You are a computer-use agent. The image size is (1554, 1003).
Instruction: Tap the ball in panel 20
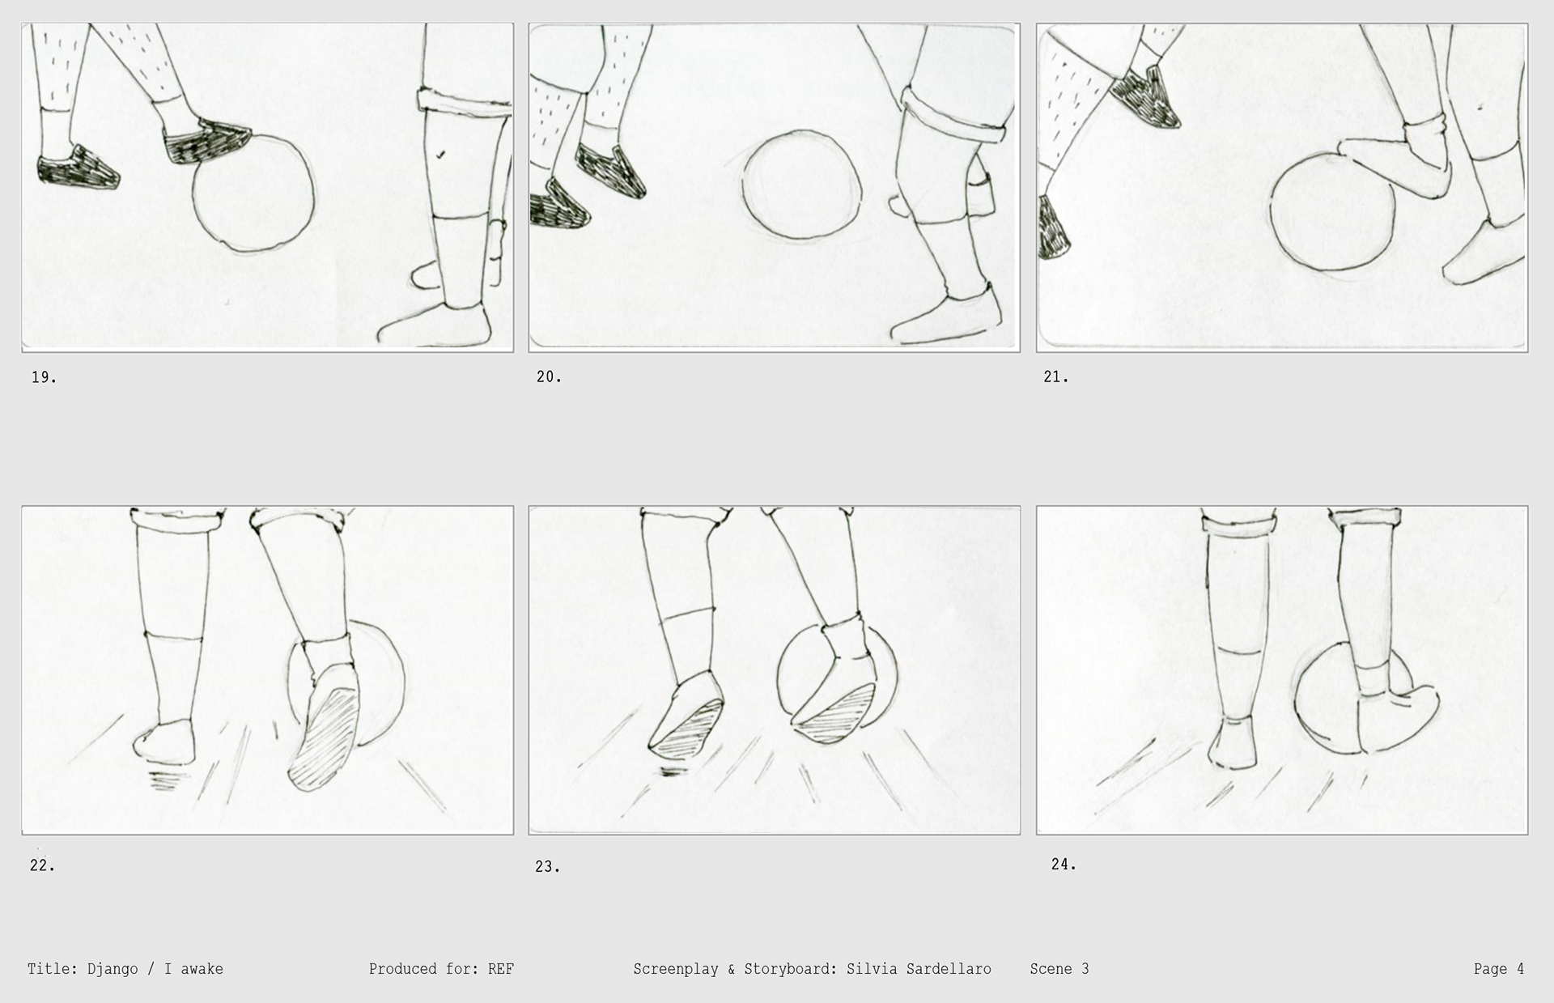click(x=801, y=185)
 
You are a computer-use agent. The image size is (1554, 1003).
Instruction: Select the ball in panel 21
click(x=1332, y=212)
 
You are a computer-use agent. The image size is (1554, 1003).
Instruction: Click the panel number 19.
click(x=44, y=377)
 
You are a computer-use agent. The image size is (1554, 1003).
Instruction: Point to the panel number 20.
click(x=549, y=377)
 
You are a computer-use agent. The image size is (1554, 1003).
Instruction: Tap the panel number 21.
click(x=1055, y=377)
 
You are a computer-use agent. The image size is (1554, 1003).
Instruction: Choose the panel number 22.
click(x=42, y=865)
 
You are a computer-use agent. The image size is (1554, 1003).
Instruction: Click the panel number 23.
click(x=547, y=867)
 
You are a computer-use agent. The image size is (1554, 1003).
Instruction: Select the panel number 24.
click(x=1064, y=865)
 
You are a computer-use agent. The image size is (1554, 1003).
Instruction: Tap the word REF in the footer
click(x=501, y=969)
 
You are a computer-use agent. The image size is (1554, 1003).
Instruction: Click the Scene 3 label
click(x=1059, y=969)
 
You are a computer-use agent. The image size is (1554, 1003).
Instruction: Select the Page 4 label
click(x=1499, y=969)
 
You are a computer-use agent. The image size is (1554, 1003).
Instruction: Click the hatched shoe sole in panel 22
click(x=325, y=738)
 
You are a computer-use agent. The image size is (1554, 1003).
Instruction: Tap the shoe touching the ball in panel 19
click(x=207, y=141)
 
